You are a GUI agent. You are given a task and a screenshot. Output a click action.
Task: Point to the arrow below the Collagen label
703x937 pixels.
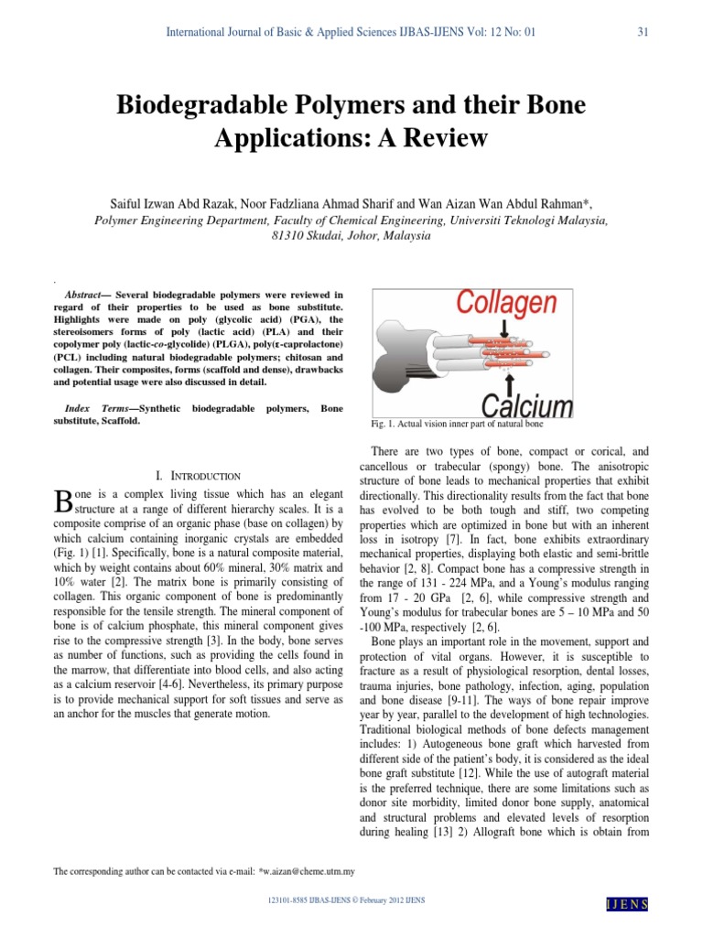click(x=504, y=328)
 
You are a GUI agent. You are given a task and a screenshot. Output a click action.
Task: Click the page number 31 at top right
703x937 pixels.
click(x=643, y=33)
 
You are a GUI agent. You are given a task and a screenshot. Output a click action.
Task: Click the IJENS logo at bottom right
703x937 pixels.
click(x=627, y=904)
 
